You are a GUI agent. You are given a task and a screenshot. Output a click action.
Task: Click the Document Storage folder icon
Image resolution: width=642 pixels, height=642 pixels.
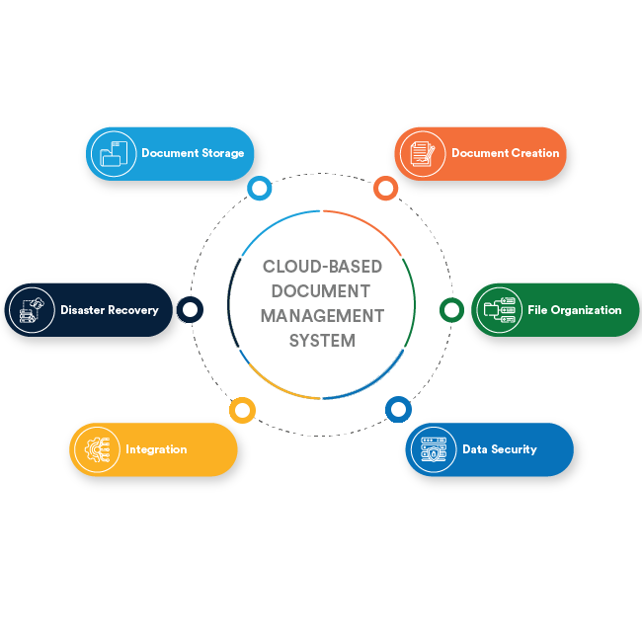pyautogui.click(x=112, y=153)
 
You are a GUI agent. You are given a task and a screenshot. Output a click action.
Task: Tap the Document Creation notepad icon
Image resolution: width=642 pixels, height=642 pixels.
pyautogui.click(x=422, y=153)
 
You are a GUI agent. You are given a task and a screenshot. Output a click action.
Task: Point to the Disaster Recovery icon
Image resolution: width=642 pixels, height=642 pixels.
pyautogui.click(x=31, y=310)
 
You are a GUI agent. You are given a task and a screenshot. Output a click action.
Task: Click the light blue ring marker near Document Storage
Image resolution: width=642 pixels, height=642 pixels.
pyautogui.click(x=260, y=188)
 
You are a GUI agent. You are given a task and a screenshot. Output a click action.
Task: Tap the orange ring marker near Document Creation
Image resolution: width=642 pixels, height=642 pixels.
pyautogui.click(x=385, y=188)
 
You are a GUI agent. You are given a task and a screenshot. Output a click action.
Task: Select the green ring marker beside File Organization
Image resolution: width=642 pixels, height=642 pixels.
pyautogui.click(x=450, y=310)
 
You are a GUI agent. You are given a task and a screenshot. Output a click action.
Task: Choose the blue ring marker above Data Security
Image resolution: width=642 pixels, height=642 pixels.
pyautogui.click(x=397, y=409)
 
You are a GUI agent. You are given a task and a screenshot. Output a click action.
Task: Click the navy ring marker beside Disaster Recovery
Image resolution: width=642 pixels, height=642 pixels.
pyautogui.click(x=191, y=310)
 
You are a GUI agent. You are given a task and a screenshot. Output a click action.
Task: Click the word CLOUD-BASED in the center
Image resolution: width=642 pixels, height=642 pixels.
pyautogui.click(x=322, y=267)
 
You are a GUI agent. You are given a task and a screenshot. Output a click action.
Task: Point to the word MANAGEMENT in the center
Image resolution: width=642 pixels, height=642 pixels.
pyautogui.click(x=322, y=316)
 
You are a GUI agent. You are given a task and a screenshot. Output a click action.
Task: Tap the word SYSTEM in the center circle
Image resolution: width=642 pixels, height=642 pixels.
pyautogui.click(x=322, y=341)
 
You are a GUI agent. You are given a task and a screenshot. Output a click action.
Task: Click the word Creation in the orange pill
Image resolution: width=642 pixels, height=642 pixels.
pyautogui.click(x=534, y=153)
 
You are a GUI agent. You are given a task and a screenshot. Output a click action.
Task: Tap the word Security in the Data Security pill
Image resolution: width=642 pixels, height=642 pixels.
pyautogui.click(x=514, y=449)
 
